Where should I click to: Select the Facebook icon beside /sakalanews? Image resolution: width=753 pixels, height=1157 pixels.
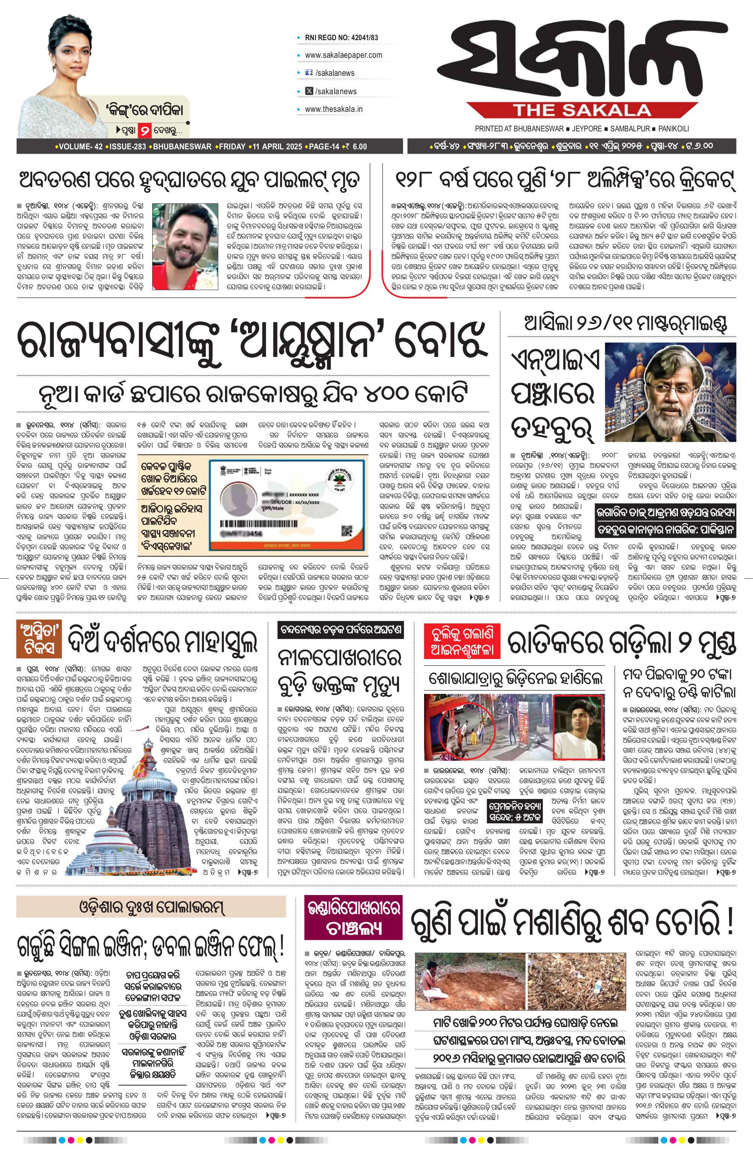coord(308,73)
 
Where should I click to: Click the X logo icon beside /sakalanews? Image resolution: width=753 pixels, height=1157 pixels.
coord(308,91)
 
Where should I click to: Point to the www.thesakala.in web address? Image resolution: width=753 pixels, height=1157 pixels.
coord(333,109)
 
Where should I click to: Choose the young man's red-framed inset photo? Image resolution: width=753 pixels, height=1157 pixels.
coord(578,727)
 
